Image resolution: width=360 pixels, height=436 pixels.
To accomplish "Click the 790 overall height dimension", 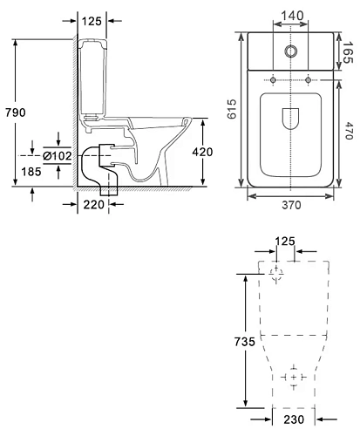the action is point(16,112).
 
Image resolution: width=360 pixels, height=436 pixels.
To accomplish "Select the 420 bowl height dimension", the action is point(202,152).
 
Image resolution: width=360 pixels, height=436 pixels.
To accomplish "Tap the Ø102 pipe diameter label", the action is point(58,156).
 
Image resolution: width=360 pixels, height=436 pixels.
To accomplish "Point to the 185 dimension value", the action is point(31,172).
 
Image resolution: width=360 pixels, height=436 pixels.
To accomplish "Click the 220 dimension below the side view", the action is point(94,205).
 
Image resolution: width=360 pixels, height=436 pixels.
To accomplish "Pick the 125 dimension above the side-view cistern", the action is point(92,21).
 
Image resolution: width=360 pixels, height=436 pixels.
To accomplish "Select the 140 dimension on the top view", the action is point(292,16).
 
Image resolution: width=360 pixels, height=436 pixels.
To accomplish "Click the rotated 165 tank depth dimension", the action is point(347,52).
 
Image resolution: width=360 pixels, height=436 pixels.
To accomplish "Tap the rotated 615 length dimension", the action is point(232,109).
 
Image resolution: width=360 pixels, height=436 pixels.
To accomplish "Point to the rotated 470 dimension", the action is point(349,131).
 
